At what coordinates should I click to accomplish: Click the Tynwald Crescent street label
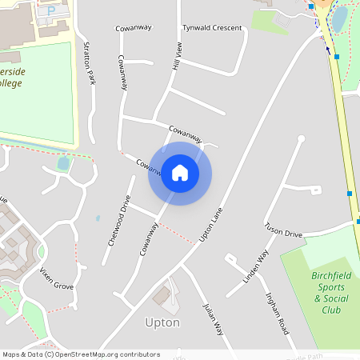pos(212,28)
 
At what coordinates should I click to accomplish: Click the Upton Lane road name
pos(208,227)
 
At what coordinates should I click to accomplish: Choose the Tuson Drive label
pos(283,230)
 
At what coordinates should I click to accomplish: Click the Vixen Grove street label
pos(57,275)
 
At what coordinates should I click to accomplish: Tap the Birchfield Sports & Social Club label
pos(326,292)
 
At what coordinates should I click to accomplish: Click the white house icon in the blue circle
pos(180,173)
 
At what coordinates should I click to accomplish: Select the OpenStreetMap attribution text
pos(81,354)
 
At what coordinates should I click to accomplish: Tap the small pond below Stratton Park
pos(63,163)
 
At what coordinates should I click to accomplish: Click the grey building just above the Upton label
pos(166,297)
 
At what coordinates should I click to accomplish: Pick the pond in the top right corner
pos(339,17)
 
